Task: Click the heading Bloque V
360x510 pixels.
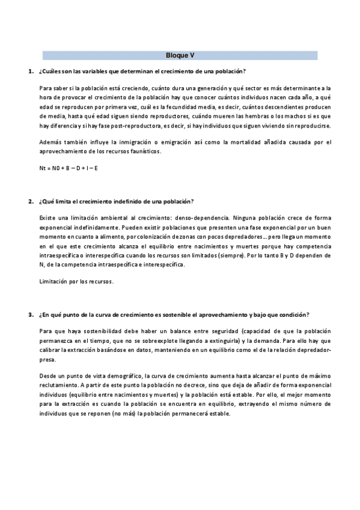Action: pyautogui.click(x=180, y=55)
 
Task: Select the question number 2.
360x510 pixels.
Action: pyautogui.click(x=30, y=201)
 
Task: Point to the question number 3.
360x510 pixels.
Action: pyautogui.click(x=30, y=315)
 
